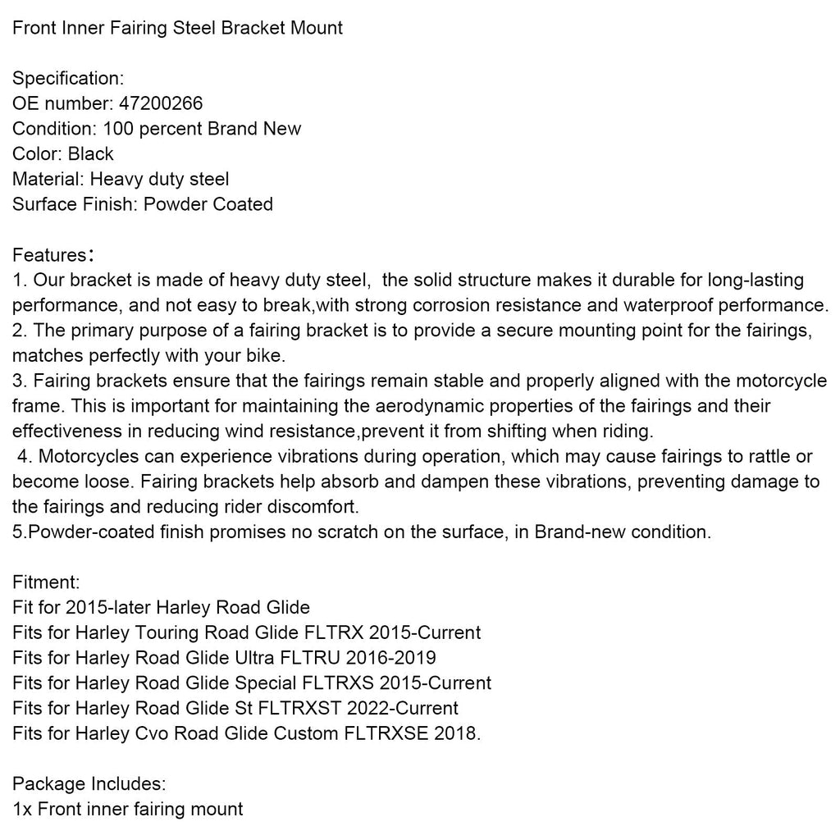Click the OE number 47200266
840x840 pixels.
[x=162, y=103]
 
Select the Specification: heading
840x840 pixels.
[x=68, y=79]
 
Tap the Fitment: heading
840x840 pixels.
[x=46, y=582]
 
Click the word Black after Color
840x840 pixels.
[x=91, y=154]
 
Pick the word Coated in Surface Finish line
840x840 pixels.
[x=243, y=204]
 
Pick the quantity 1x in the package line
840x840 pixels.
[x=22, y=810]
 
